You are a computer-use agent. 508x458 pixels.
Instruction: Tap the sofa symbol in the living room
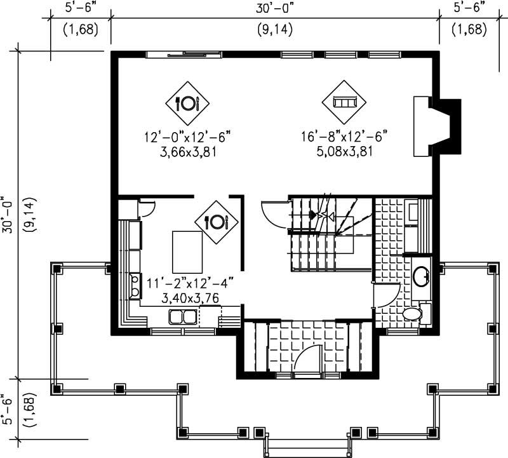(344, 102)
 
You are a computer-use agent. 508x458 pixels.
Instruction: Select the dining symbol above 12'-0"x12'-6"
(188, 102)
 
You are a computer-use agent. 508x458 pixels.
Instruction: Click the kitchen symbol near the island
(215, 222)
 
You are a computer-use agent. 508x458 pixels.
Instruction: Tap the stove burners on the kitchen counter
(135, 286)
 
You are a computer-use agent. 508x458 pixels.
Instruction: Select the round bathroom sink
(420, 276)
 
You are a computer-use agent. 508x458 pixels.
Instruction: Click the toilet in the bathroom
(413, 313)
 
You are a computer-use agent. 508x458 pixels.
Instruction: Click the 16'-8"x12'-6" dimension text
(345, 135)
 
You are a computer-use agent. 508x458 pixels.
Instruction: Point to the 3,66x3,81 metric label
(186, 151)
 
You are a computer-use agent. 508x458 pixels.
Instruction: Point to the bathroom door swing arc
(385, 295)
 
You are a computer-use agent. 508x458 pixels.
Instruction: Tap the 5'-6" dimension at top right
(471, 8)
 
